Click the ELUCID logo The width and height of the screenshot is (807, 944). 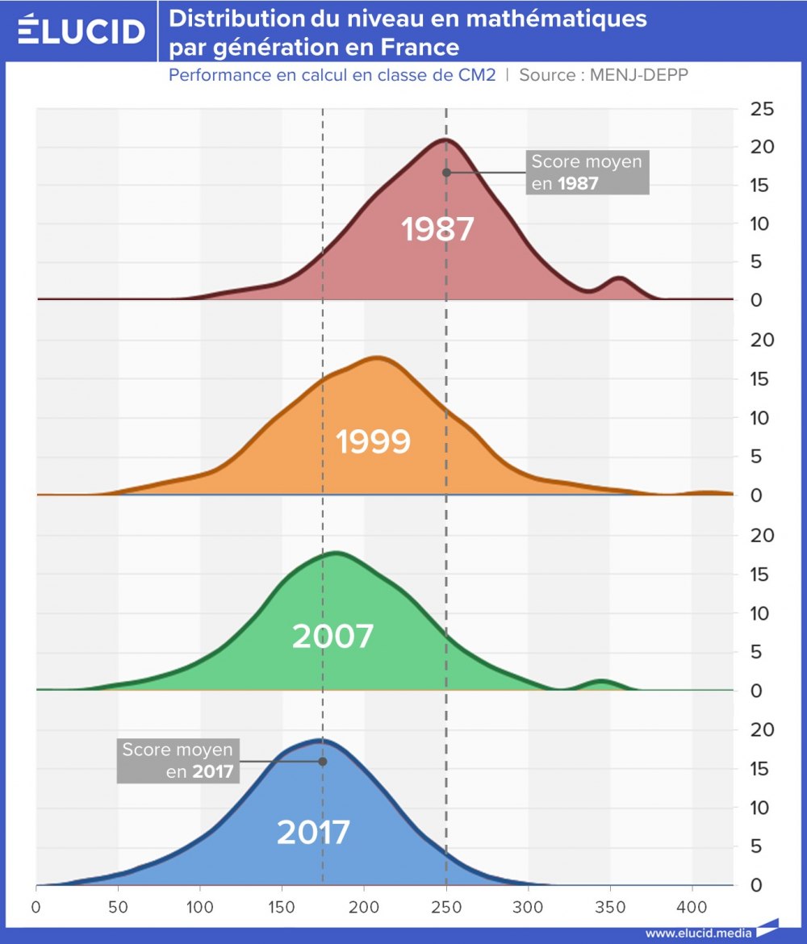81,31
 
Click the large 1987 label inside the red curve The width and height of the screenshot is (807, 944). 437,230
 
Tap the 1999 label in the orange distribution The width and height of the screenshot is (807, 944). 373,442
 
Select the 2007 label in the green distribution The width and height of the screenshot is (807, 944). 332,637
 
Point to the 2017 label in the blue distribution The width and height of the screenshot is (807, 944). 313,833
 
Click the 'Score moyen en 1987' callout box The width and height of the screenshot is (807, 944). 587,172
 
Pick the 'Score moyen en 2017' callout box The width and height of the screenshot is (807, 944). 178,761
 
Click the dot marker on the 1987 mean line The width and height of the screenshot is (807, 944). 446,172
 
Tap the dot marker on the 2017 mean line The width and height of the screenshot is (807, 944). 323,761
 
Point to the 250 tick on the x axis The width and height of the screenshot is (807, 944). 446,904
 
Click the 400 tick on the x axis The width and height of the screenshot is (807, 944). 692,904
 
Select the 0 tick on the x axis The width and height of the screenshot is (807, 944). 36,904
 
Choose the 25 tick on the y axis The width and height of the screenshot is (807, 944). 763,109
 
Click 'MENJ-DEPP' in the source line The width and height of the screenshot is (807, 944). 638,75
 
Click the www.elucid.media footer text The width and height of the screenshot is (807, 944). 698,933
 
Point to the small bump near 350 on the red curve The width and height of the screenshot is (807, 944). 619,280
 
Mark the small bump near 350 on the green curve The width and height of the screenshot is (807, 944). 601,683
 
